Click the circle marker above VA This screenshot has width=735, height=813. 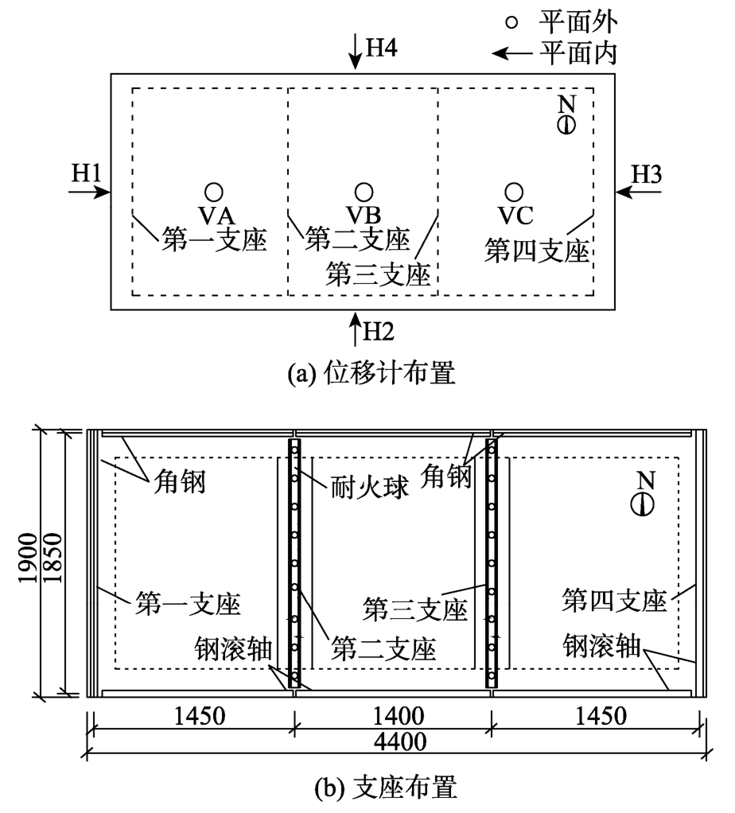(x=212, y=191)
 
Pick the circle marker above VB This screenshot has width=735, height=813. (x=364, y=191)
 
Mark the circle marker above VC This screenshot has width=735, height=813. (x=515, y=191)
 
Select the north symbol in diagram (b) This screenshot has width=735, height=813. (x=644, y=503)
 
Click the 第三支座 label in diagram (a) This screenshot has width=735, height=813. (x=379, y=274)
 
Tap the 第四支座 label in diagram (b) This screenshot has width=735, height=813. (x=612, y=599)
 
